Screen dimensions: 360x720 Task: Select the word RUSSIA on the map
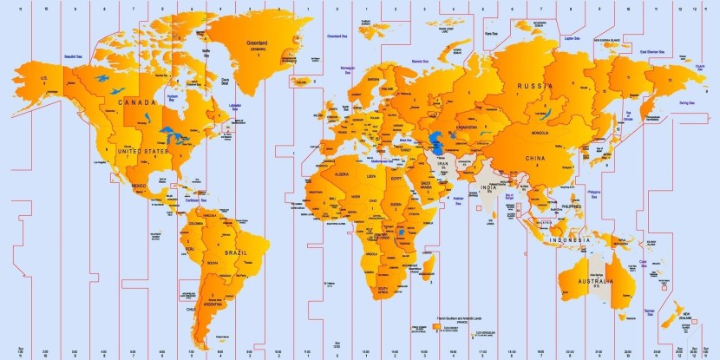535,86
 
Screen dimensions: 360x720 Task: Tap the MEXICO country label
137,186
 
